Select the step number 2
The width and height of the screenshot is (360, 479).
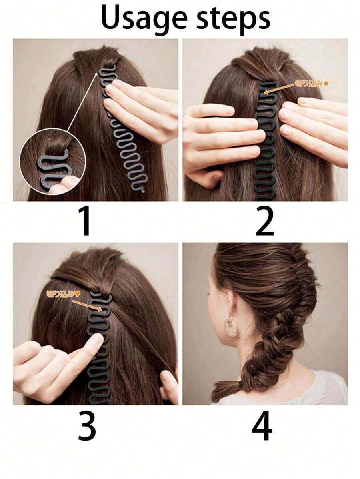coord(265,221)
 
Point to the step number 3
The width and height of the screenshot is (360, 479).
coord(87,427)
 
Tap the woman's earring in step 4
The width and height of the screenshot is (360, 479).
coord(230,326)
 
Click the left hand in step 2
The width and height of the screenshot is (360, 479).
coord(218,136)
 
